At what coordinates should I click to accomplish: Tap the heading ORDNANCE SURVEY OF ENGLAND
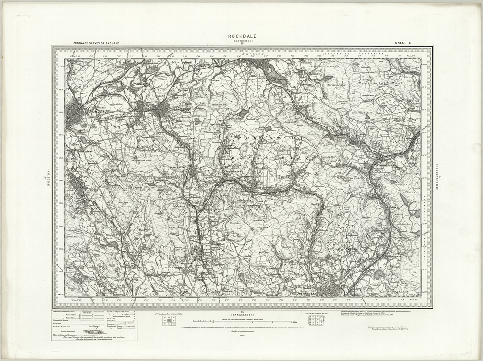96,43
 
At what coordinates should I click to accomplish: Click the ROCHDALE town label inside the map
307,294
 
